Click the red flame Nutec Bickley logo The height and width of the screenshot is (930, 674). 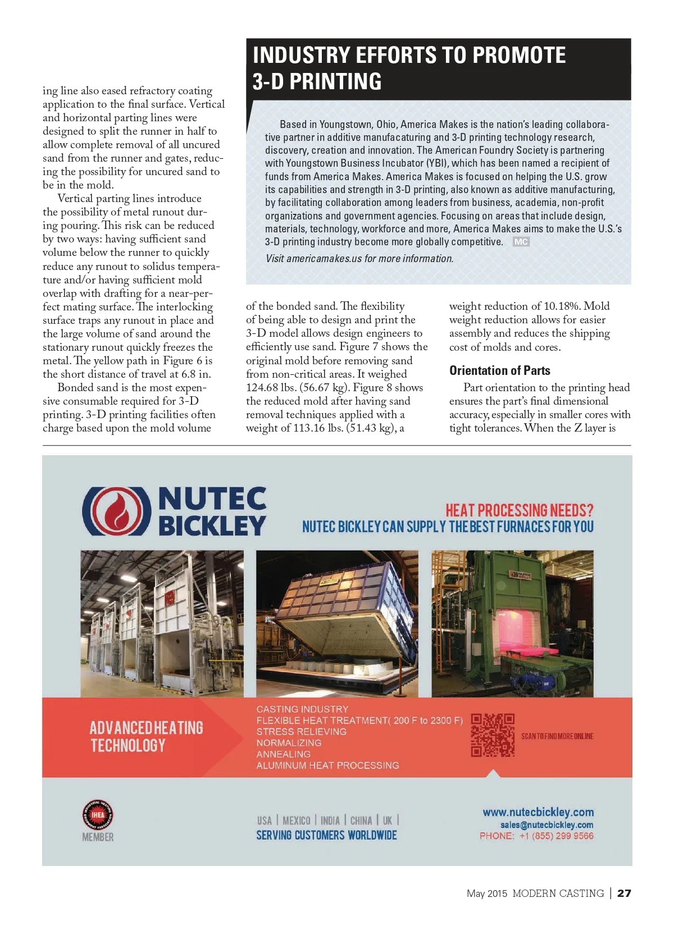click(117, 511)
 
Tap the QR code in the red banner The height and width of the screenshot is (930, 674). click(493, 735)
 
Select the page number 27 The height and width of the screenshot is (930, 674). click(624, 893)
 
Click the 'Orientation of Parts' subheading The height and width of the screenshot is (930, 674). click(499, 370)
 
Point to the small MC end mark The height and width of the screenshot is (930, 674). click(521, 242)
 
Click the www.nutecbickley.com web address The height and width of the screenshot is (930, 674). click(538, 812)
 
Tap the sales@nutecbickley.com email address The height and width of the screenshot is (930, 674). click(547, 825)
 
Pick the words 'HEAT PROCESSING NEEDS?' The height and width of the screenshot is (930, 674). click(519, 510)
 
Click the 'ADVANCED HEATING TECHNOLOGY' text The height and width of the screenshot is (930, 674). click(146, 736)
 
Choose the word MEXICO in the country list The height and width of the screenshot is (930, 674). click(296, 821)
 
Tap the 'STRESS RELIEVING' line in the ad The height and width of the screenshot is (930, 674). click(301, 732)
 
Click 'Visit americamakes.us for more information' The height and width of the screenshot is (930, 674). click(359, 259)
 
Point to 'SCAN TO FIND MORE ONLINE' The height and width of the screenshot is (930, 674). click(557, 736)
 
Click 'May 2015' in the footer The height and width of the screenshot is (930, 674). click(486, 894)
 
